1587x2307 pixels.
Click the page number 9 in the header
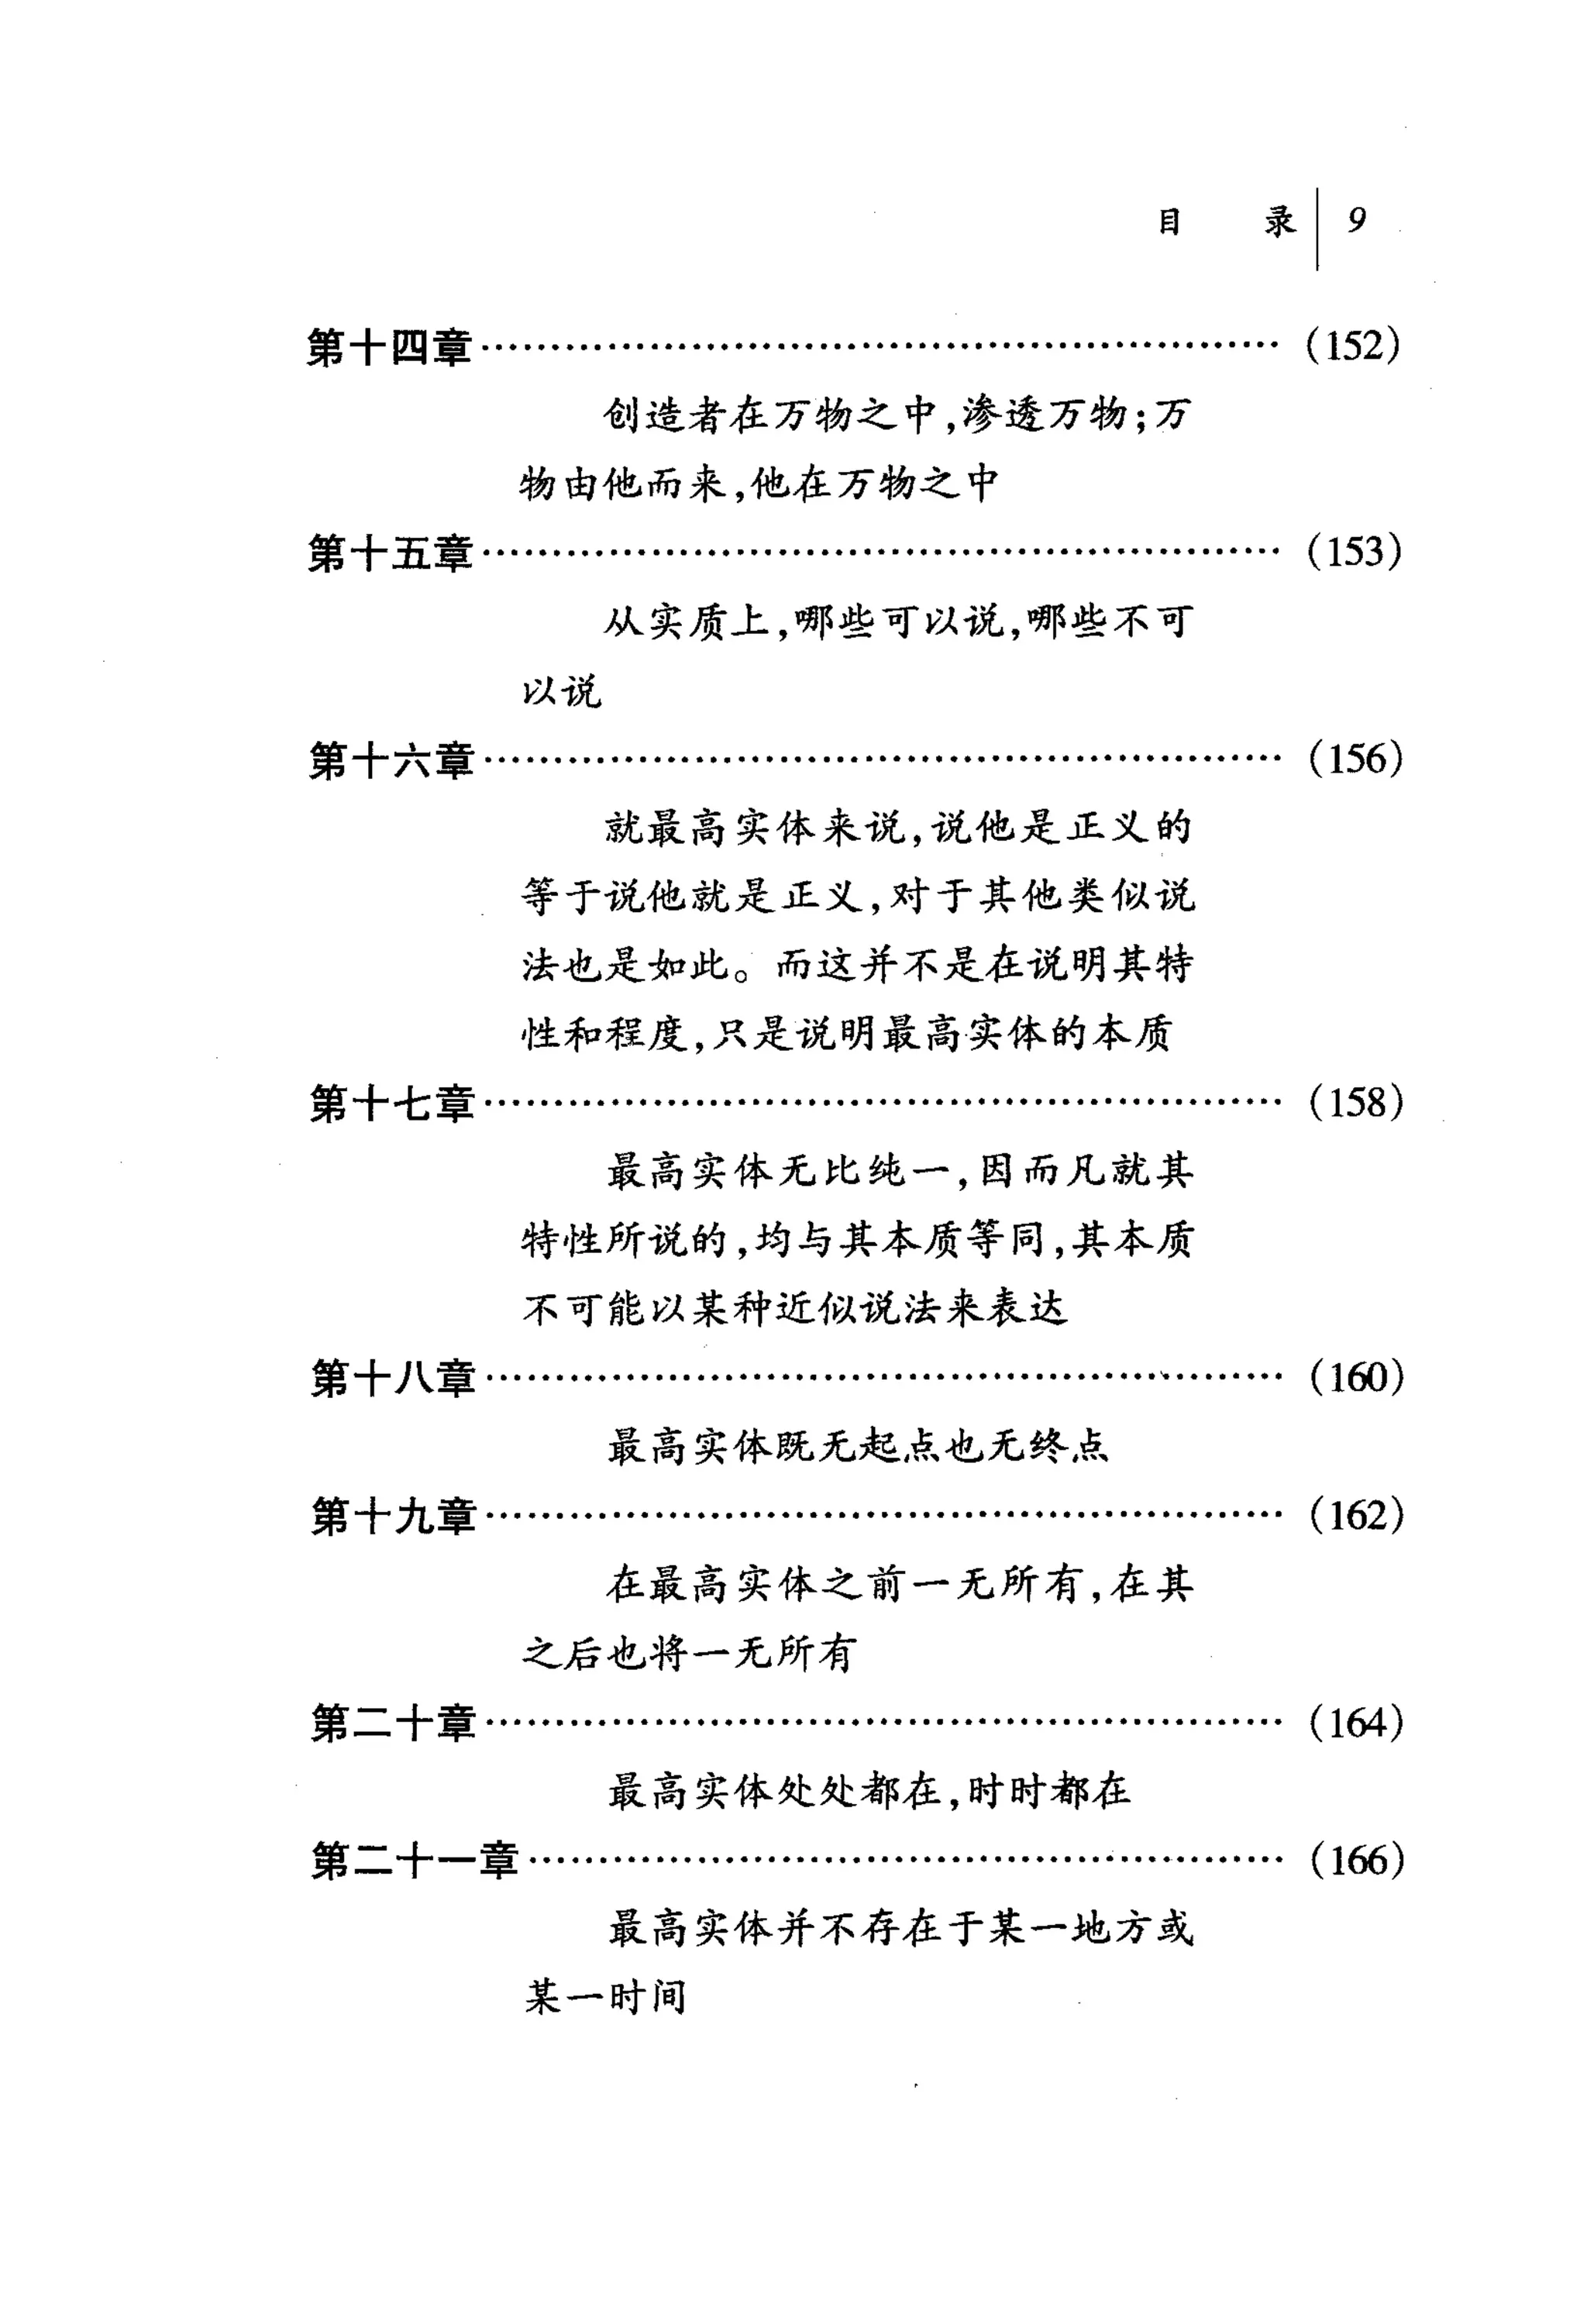tap(1356, 220)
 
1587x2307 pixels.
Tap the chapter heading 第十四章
tap(389, 348)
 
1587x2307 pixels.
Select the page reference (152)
tap(1353, 346)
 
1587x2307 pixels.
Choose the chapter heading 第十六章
tap(391, 762)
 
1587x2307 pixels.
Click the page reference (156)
tap(1355, 759)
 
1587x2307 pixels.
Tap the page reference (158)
tap(1355, 1103)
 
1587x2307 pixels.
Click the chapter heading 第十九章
tap(393, 1517)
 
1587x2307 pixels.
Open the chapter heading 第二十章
tap(393, 1724)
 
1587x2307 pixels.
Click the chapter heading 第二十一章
tap(415, 1861)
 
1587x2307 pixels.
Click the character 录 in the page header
tap(1279, 221)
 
